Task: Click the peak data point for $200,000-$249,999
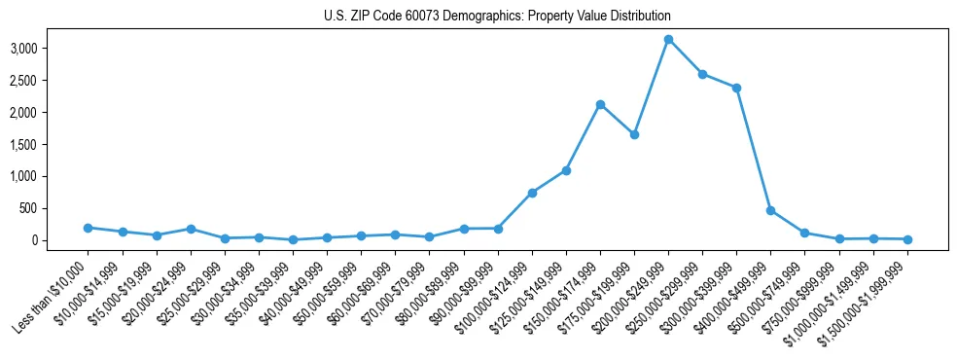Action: (x=668, y=40)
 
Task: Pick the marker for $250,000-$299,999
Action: (x=702, y=74)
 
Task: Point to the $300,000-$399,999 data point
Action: (x=736, y=88)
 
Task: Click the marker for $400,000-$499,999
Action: (x=770, y=210)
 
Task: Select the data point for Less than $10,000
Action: (x=88, y=228)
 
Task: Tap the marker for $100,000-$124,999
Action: (x=532, y=193)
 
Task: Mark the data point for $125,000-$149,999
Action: (x=566, y=170)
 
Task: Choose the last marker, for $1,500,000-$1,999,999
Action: (x=907, y=239)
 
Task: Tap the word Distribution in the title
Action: (x=638, y=17)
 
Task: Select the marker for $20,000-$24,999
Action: (x=191, y=229)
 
